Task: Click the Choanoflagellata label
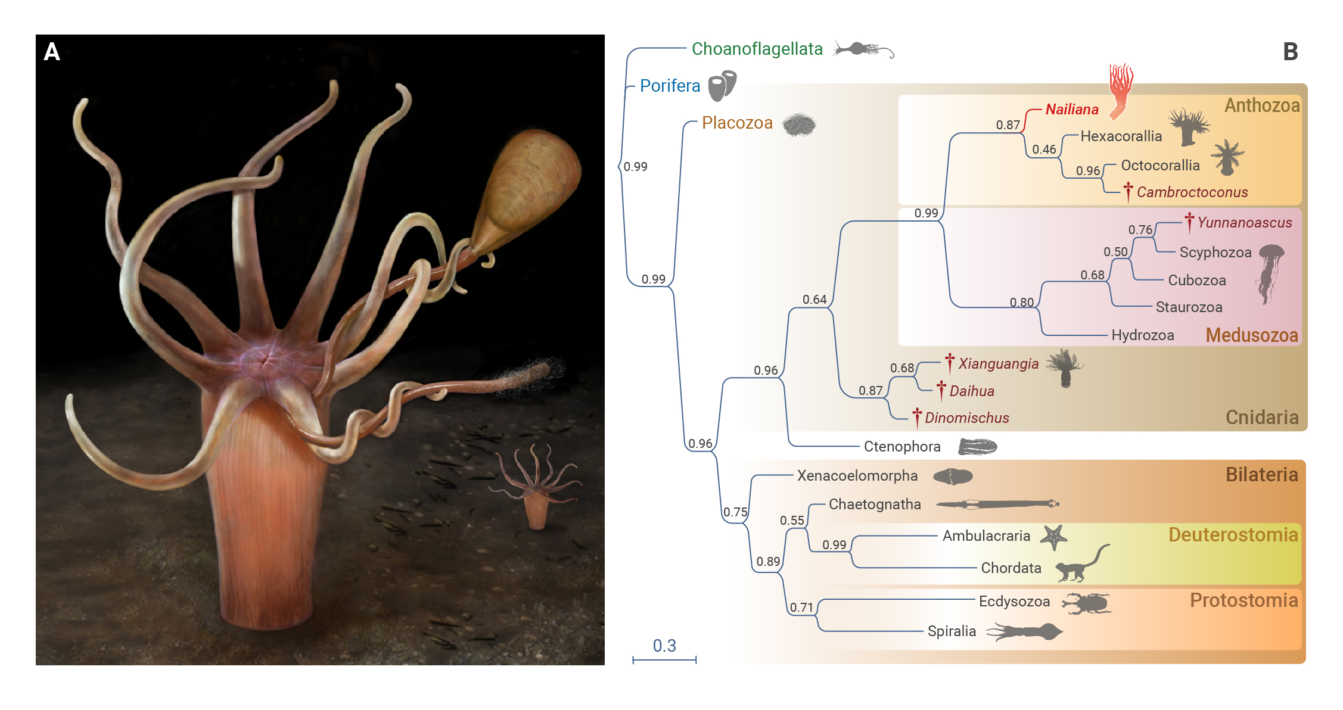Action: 757,49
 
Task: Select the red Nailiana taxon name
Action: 1072,110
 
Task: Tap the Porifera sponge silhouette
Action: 722,85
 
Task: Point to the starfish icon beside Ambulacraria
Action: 1053,537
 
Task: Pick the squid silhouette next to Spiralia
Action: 1024,631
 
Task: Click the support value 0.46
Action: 1044,150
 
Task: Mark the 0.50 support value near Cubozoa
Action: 1115,252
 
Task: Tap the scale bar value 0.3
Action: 664,646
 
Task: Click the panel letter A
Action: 52,52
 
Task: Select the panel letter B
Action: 1291,52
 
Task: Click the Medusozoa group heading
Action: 1251,335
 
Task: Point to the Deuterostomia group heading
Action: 1233,535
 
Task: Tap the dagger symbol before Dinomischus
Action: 917,417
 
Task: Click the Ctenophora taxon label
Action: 902,447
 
